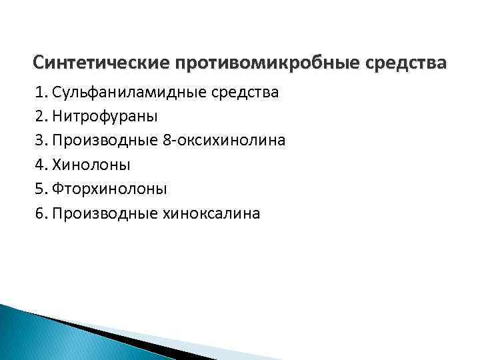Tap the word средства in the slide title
coord(407,63)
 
